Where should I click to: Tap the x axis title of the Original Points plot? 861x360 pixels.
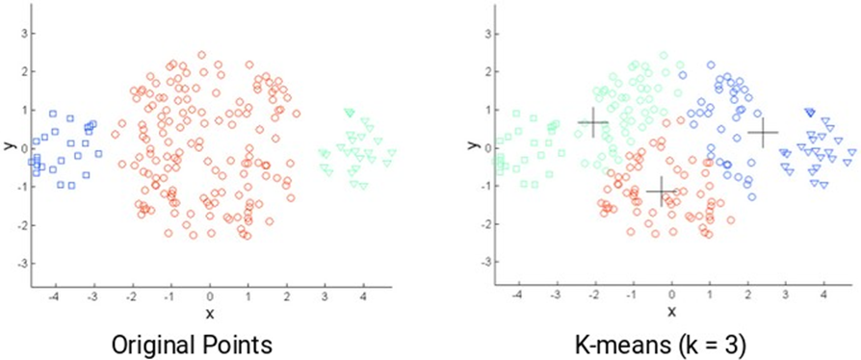pos(209,313)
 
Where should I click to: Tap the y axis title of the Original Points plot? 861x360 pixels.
pos(9,147)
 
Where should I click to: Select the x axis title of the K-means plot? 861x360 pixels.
pos(671,313)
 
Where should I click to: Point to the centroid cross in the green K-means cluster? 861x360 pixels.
pos(592,122)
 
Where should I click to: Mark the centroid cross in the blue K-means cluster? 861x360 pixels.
pos(763,133)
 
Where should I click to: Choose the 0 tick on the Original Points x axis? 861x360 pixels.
pos(209,296)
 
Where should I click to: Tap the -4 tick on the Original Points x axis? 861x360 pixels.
pos(54,296)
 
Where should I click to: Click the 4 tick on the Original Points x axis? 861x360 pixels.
pos(363,296)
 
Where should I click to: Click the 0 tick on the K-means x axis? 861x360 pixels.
pos(671,296)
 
